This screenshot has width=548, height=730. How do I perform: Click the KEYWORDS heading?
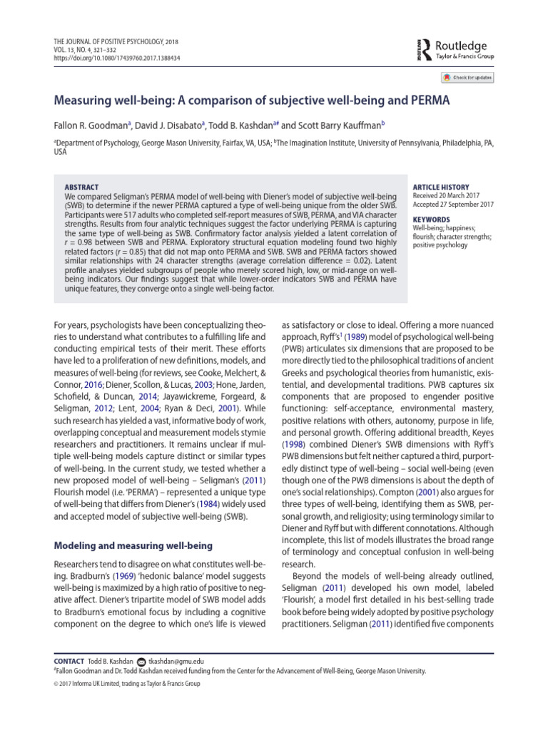pos(431,220)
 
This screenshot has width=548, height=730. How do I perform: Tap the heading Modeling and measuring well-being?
pos(133,526)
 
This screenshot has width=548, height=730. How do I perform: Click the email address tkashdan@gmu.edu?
pos(176,661)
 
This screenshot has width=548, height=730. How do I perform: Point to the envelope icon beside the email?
pos(141,661)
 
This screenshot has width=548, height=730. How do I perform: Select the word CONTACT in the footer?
pos(69,661)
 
